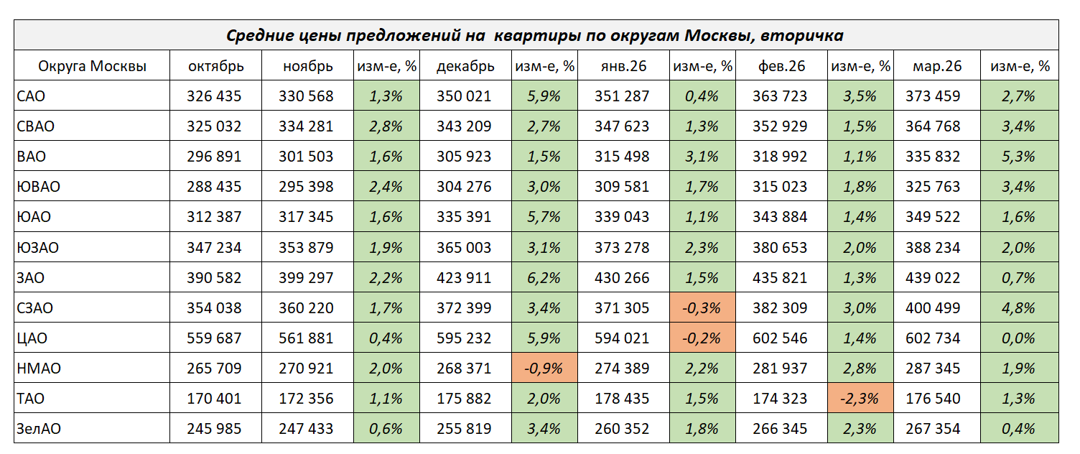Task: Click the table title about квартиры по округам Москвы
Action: [535, 35]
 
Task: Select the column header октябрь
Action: [215, 66]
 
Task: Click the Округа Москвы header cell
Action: [92, 66]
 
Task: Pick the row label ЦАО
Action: [32, 338]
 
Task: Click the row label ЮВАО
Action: [38, 187]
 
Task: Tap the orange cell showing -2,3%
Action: [860, 399]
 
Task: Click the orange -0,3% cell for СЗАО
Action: [702, 308]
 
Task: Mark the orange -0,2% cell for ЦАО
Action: [702, 338]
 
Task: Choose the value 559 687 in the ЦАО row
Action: [214, 338]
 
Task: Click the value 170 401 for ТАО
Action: [214, 399]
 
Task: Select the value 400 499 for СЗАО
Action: [932, 308]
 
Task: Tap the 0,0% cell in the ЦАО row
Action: [1020, 338]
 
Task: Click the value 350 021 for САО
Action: [464, 96]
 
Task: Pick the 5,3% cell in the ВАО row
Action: [1020, 157]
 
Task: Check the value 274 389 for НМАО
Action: [622, 369]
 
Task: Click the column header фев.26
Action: [781, 66]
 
